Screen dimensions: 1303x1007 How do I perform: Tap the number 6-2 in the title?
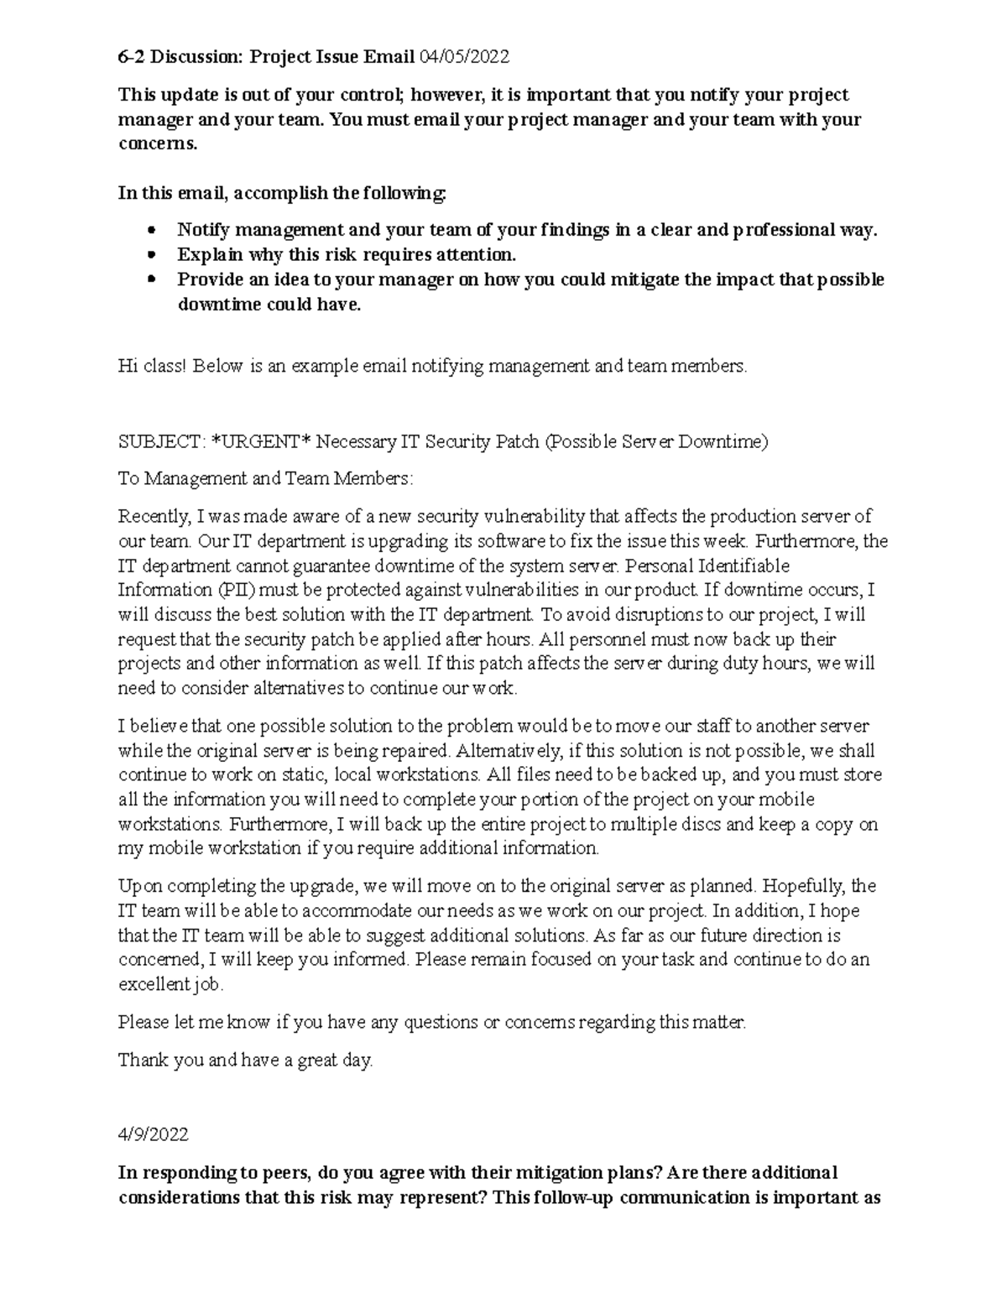click(130, 57)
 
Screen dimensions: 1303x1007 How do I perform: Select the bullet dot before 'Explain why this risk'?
click(152, 254)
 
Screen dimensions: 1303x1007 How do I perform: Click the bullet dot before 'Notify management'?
click(152, 230)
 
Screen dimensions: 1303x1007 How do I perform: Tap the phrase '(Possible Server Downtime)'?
click(656, 441)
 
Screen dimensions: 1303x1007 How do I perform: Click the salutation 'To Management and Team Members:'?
click(266, 478)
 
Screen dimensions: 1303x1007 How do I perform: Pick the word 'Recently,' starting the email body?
click(154, 516)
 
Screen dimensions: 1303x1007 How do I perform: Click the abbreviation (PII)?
click(222, 590)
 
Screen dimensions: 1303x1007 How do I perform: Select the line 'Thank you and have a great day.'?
click(245, 1060)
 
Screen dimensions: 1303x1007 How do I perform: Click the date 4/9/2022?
click(154, 1134)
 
